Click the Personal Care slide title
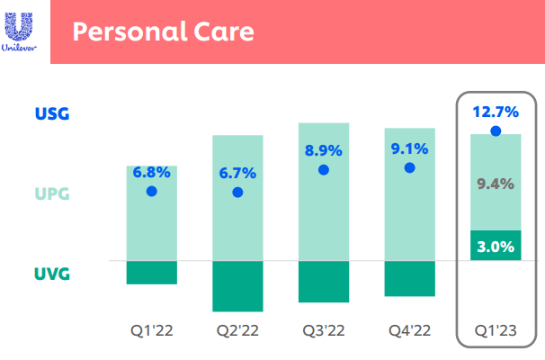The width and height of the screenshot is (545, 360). (163, 31)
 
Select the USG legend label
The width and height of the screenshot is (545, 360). (52, 114)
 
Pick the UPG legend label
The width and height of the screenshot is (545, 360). (52, 193)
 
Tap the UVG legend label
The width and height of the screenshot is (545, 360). (52, 273)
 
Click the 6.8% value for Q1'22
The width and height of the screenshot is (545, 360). (152, 172)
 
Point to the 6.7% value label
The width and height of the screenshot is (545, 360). (238, 172)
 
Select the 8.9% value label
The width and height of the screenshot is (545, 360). (324, 150)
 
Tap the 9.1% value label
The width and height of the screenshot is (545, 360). (410, 148)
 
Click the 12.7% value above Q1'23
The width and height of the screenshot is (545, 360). (496, 112)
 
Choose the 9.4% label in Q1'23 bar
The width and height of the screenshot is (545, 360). (496, 184)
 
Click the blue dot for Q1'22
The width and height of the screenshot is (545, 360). (152, 192)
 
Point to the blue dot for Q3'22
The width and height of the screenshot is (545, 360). (324, 169)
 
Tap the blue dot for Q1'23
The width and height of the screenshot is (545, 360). (496, 131)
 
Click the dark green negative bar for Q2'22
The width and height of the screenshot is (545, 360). (238, 286)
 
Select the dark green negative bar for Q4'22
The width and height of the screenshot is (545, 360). (410, 278)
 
